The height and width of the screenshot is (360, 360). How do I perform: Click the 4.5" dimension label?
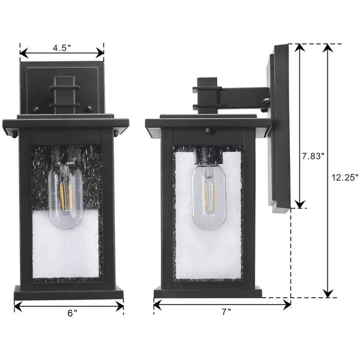click(x=62, y=48)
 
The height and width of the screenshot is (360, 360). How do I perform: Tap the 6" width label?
click(x=72, y=313)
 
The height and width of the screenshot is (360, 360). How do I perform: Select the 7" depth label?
click(x=225, y=312)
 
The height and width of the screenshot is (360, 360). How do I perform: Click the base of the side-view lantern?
click(x=208, y=292)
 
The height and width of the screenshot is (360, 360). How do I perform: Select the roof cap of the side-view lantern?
click(x=208, y=122)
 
